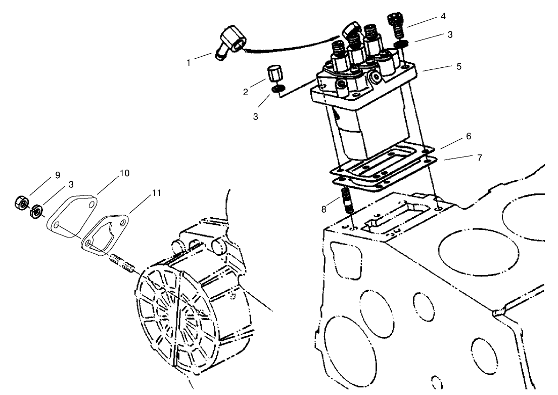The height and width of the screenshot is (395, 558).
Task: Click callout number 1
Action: [x=189, y=63]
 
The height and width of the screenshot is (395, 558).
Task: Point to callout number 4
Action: [x=443, y=16]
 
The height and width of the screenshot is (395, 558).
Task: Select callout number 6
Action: [x=469, y=136]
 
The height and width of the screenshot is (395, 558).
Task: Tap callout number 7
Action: [x=479, y=157]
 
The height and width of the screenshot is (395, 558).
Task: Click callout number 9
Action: [x=58, y=175]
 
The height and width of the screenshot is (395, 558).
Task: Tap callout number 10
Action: [x=124, y=173]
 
